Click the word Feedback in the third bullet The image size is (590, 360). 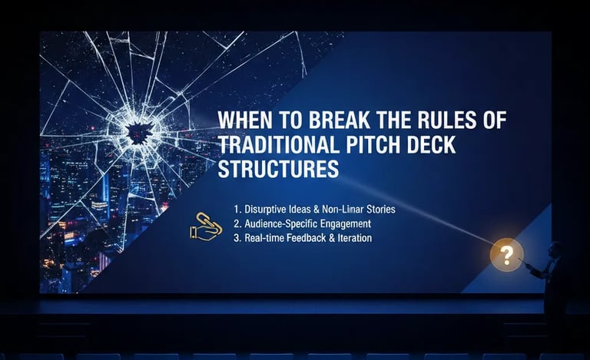[x=307, y=238]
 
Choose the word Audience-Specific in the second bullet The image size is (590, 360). [x=279, y=223]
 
